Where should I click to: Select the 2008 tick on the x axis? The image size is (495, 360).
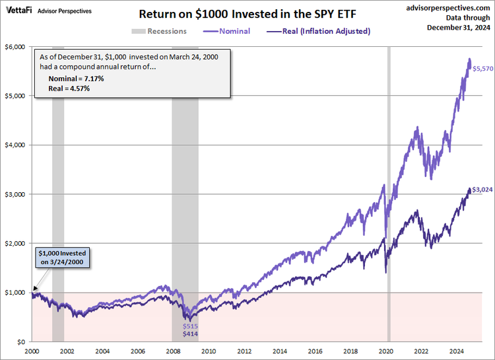(173, 352)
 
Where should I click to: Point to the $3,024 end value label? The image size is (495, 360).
(481, 190)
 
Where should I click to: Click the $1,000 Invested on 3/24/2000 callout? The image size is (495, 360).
(62, 257)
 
